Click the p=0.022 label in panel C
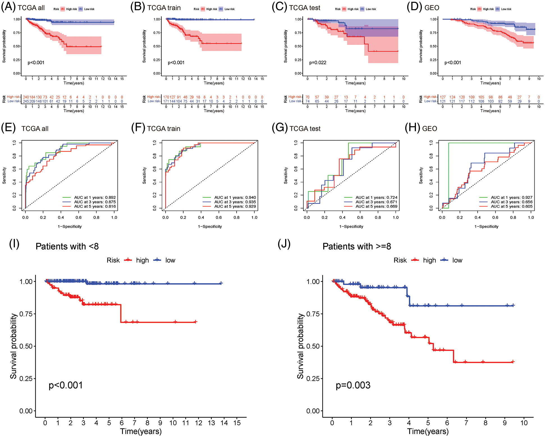pos(318,63)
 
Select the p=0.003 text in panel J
pos(353,385)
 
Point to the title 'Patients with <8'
pos(67,246)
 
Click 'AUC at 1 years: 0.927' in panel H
pos(511,197)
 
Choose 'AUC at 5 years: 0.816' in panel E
pos(95,206)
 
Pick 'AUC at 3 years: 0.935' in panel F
pos(235,202)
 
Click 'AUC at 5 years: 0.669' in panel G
pos(376,206)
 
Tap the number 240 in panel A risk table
pos(26,97)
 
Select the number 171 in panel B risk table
pos(166,101)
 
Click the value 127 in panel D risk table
pos(443,97)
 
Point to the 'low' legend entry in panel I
pos(170,260)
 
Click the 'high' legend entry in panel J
pos(429,260)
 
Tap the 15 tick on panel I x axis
pos(237,423)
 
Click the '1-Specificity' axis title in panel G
pos(351,226)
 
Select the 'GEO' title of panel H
pos(429,129)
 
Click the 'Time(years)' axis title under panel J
pos(428,431)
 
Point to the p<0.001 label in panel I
pos(66,385)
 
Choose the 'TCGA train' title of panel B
pos(164,8)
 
